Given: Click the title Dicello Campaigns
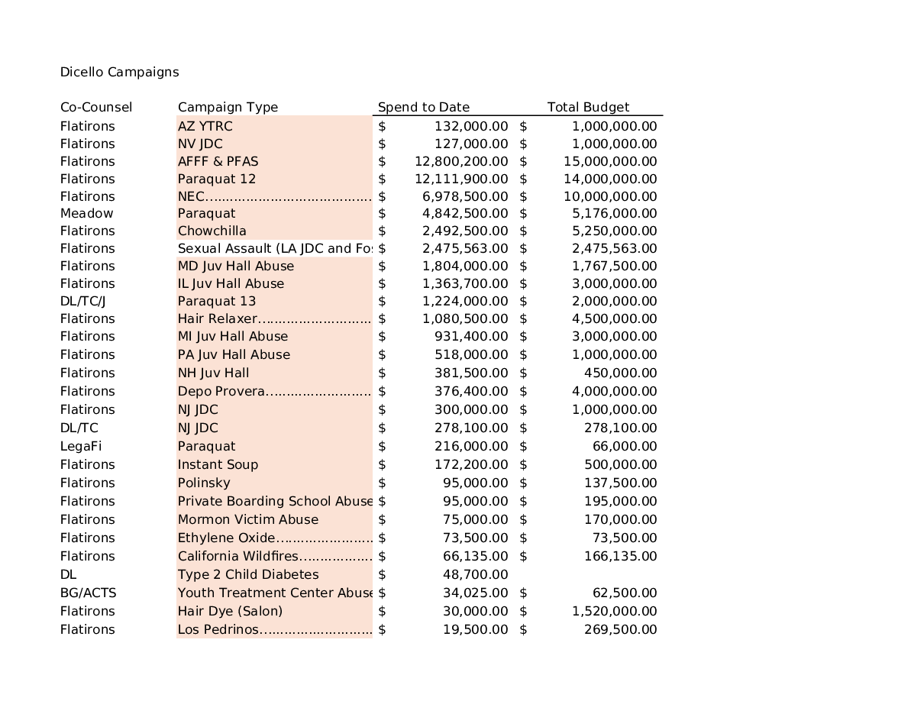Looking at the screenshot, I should point(119,73).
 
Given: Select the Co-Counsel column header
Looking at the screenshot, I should point(96,108).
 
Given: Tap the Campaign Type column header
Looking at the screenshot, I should point(228,108).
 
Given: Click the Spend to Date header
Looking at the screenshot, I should point(424,108).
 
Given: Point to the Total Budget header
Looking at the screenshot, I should point(588,108).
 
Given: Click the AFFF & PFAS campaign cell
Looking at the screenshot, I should point(218,162).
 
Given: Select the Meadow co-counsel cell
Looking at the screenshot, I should point(86,214).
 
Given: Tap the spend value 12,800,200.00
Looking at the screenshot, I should point(461,162).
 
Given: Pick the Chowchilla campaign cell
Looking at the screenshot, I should point(212,231).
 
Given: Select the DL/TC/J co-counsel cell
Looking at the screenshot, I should point(83,302).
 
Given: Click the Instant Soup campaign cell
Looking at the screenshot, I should point(218,465).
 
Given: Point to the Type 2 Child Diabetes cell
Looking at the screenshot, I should point(248,575).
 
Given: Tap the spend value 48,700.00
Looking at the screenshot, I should point(475,575).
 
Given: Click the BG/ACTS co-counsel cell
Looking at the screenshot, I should point(89,593).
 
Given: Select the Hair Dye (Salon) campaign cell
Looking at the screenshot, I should point(230,612).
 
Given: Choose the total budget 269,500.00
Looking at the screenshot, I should point(620,630).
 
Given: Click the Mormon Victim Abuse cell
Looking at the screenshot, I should point(248,520).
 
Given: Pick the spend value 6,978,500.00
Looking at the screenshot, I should point(465,197).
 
